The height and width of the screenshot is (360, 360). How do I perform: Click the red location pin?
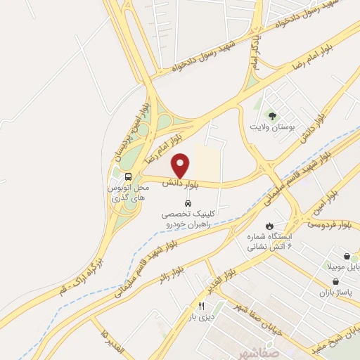[181, 165]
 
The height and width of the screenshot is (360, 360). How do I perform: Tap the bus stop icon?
[128, 177]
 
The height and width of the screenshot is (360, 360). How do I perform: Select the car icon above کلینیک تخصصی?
[186, 203]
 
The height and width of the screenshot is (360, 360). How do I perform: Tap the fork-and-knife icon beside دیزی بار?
[201, 306]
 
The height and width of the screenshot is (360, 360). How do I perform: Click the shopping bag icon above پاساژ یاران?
[326, 276]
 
